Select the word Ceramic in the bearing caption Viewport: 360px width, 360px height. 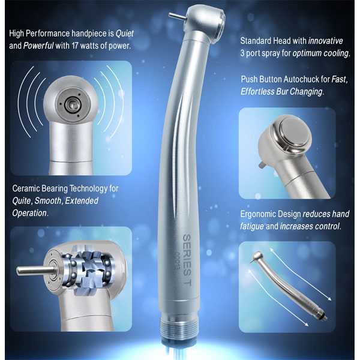point(27,188)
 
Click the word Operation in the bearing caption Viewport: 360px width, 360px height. point(31,212)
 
